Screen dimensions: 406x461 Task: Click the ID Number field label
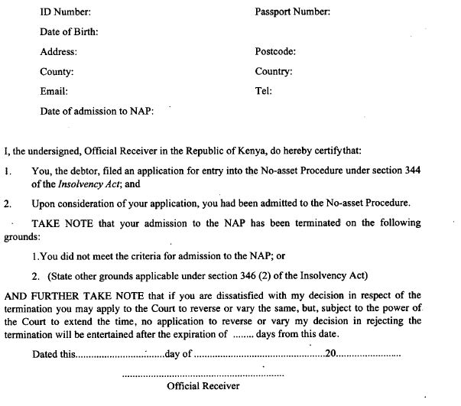pos(65,12)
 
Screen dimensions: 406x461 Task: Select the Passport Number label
pos(293,12)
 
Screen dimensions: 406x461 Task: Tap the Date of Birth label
pos(69,32)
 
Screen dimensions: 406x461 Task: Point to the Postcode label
pos(275,52)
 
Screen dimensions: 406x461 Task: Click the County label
pos(57,72)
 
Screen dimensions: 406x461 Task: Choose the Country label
pos(274,72)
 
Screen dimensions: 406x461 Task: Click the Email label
pos(54,91)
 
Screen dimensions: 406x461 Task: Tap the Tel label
pos(262,91)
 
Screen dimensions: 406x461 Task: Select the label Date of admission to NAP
pos(97,111)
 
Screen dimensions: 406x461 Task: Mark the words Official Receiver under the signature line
pos(203,386)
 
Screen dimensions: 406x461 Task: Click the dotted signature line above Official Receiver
pos(203,374)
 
